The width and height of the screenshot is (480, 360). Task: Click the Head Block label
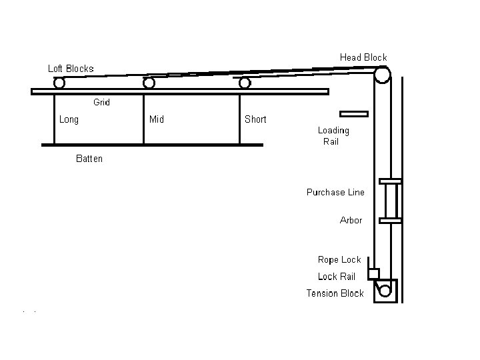pyautogui.click(x=363, y=57)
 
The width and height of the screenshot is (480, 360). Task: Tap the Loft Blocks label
pyautogui.click(x=71, y=69)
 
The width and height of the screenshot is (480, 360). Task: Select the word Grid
pyautogui.click(x=101, y=102)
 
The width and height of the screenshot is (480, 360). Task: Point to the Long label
pyautogui.click(x=69, y=120)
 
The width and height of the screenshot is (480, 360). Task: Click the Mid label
pyautogui.click(x=157, y=120)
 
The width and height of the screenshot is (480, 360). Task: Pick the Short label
pyautogui.click(x=255, y=120)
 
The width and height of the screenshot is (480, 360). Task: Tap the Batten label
pyautogui.click(x=89, y=159)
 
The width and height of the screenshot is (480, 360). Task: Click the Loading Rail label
pyautogui.click(x=333, y=136)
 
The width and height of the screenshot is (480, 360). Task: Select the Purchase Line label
pyautogui.click(x=335, y=193)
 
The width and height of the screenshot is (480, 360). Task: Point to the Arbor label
pyautogui.click(x=351, y=220)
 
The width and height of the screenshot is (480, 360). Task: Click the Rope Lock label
pyautogui.click(x=339, y=260)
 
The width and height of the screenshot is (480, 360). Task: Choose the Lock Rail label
pyautogui.click(x=337, y=277)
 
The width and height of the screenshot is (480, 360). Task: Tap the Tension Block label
pyautogui.click(x=335, y=293)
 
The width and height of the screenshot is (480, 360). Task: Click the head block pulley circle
pyautogui.click(x=382, y=75)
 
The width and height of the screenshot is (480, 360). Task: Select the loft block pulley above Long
pyautogui.click(x=59, y=83)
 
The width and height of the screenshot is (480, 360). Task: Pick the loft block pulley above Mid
pyautogui.click(x=149, y=83)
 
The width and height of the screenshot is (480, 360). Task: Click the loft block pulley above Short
pyautogui.click(x=245, y=83)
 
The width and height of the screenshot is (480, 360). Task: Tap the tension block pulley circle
pyautogui.click(x=385, y=291)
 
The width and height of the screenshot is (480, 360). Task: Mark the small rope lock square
pyautogui.click(x=373, y=273)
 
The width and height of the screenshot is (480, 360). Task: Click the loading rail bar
pyautogui.click(x=353, y=113)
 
